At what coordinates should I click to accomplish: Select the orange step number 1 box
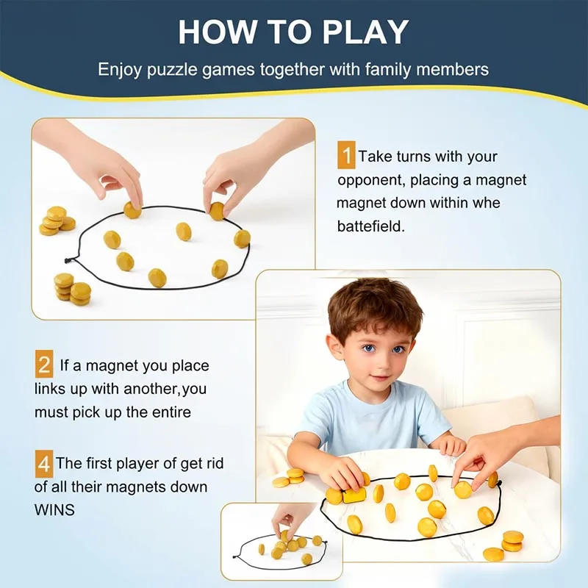click(345, 157)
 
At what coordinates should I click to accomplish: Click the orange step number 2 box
click(44, 365)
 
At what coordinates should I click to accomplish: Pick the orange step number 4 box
click(44, 464)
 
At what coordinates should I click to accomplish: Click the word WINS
click(54, 509)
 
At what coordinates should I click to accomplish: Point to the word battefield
click(371, 226)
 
